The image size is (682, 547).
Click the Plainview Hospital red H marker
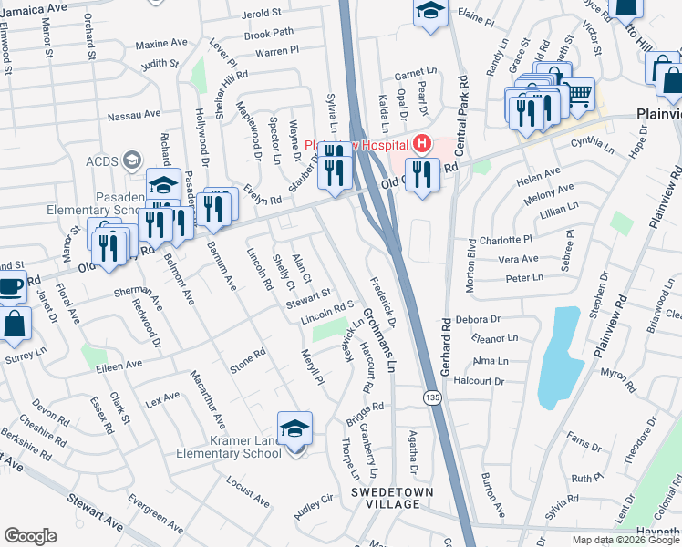coord(421,143)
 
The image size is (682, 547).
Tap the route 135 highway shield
coord(430,398)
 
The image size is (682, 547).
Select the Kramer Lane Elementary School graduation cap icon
coord(294,428)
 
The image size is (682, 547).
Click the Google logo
coord(30,536)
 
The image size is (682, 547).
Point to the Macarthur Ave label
coord(207,398)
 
